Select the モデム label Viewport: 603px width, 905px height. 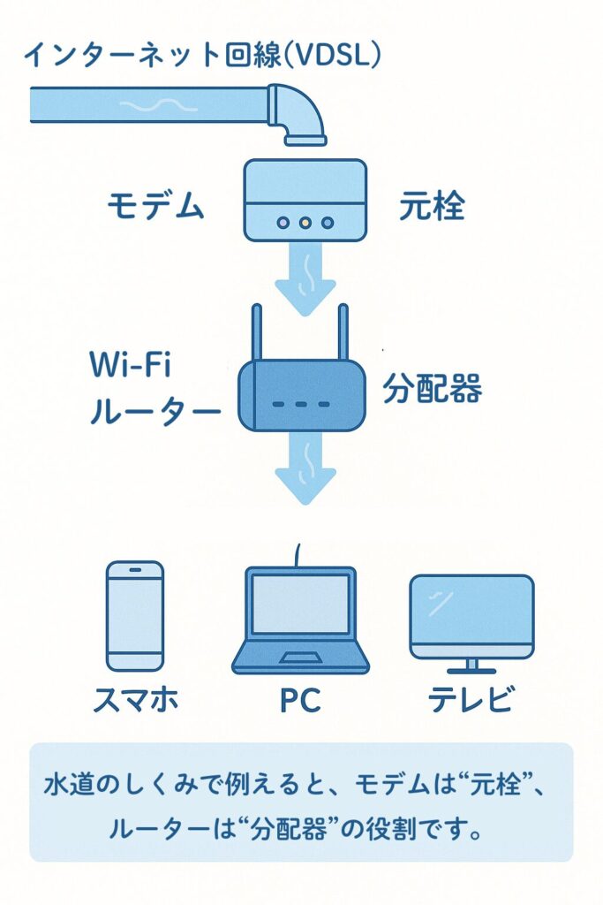click(155, 207)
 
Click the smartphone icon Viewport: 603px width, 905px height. click(135, 615)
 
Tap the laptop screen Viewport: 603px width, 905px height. click(300, 604)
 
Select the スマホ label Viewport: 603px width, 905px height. click(135, 701)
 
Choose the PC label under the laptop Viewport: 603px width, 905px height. click(300, 701)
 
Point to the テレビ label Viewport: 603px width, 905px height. click(471, 701)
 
